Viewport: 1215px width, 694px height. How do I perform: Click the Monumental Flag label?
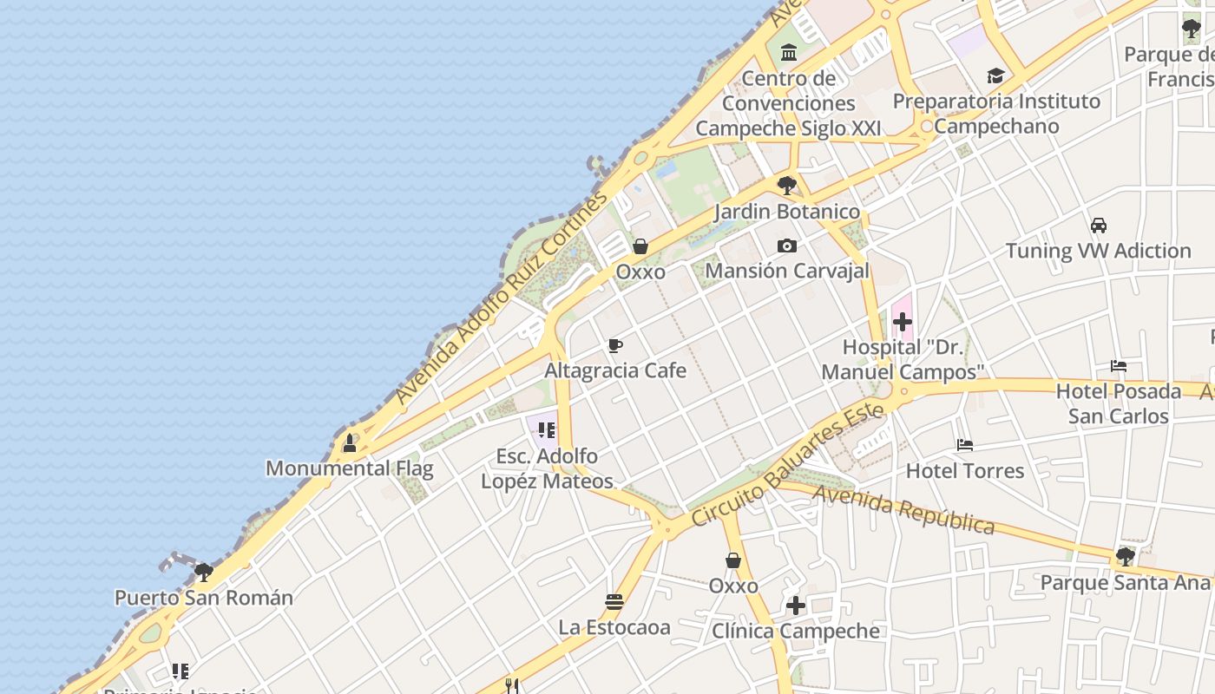(349, 468)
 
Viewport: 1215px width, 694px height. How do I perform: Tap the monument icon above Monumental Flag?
(350, 443)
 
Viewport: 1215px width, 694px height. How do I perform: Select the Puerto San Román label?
(204, 598)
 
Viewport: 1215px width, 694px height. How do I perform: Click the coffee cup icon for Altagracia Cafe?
(615, 346)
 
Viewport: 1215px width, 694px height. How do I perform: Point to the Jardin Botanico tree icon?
(787, 185)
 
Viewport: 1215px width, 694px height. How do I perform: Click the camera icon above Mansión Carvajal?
(787, 246)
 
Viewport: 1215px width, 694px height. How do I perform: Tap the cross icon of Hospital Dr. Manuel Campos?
(903, 323)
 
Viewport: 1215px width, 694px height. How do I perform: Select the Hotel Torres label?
(965, 471)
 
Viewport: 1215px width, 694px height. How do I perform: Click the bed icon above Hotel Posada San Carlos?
(1119, 366)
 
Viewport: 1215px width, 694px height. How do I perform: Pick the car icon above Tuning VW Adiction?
(1099, 226)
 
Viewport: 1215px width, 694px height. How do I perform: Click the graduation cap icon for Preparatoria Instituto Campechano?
(996, 76)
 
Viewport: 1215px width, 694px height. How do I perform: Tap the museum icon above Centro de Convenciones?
(789, 54)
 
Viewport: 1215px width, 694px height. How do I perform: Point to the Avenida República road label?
(904, 510)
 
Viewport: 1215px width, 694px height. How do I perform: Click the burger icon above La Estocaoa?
(614, 601)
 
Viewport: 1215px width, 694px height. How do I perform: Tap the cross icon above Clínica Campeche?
(796, 606)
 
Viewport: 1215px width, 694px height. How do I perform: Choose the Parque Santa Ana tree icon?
(1126, 556)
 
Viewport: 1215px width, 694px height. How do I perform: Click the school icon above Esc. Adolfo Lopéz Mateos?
(546, 430)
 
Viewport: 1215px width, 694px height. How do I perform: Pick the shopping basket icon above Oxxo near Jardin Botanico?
(640, 246)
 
